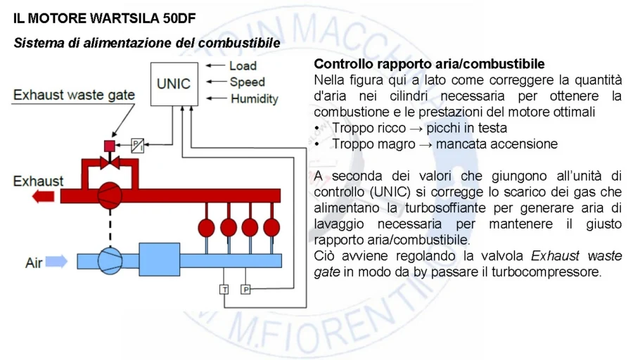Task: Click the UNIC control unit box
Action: coord(173,84)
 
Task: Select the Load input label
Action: coord(243,66)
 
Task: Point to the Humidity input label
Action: coord(255,99)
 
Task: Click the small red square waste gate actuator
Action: coord(110,146)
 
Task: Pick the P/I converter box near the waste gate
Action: coord(138,146)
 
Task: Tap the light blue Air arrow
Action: coord(57,262)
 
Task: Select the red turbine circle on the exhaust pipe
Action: coord(109,192)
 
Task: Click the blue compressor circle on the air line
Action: coord(109,260)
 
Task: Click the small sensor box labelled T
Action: coord(224,289)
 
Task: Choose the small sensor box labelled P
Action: coord(245,289)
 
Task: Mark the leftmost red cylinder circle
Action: coord(207,227)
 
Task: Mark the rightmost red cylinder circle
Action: coord(271,227)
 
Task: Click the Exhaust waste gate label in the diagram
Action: coord(75,95)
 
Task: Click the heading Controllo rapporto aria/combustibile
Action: coord(429,64)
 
